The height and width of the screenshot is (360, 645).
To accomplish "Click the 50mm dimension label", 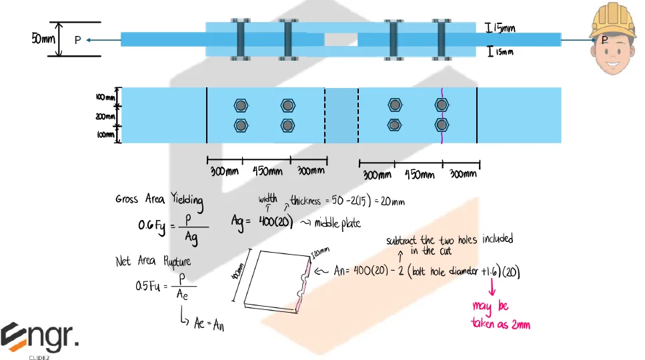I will (43, 39).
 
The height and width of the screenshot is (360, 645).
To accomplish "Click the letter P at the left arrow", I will (77, 41).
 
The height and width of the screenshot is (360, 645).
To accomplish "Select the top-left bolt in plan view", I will (241, 105).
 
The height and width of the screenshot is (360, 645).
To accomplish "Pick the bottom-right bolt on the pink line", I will (440, 125).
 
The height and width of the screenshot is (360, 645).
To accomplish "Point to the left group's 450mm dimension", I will (267, 171).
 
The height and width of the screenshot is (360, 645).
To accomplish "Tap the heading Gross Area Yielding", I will (159, 199).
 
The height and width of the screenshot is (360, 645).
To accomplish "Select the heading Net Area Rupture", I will (153, 262).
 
